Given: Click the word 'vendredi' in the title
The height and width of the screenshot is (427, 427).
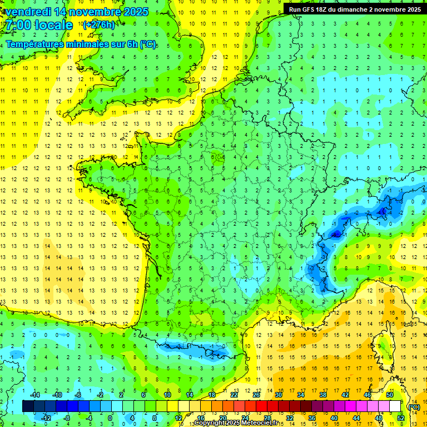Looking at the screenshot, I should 27,12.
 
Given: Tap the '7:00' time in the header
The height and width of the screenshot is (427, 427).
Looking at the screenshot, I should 17,25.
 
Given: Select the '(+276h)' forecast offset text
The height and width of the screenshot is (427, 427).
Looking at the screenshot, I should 98,24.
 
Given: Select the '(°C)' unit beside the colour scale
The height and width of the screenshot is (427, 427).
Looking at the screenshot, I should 414,406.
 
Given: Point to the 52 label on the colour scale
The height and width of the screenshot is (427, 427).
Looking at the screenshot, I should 400,418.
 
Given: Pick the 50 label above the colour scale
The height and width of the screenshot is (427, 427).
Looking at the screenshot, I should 389,394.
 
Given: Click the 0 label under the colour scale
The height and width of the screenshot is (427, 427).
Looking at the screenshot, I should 110,418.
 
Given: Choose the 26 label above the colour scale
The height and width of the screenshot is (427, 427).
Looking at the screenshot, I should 256,394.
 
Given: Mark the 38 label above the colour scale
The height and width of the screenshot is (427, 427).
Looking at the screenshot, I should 322,394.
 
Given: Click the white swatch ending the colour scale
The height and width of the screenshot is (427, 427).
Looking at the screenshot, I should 395,406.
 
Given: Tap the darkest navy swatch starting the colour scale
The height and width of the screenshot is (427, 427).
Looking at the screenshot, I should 28,406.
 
